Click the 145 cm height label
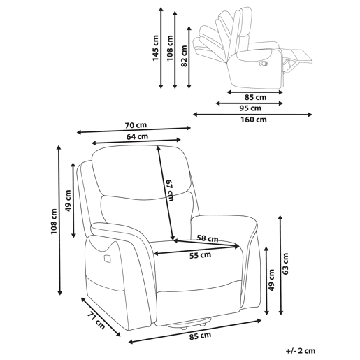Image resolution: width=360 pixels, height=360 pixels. coord(155,48)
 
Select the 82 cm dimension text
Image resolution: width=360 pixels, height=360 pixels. coord(184,56)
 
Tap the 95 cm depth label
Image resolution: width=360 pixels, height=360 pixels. coord(250,108)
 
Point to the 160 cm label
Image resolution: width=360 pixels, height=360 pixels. coord(254,120)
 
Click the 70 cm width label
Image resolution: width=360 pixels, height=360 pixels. coord(136,125)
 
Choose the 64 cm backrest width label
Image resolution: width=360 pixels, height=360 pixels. coord(137,136)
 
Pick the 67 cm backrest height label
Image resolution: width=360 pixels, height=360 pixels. coord(170,190)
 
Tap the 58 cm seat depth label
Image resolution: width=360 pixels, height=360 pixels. coord(208,238)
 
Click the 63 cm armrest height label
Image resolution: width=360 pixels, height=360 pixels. coord(285,264)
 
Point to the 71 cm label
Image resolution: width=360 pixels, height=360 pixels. coord(96,321)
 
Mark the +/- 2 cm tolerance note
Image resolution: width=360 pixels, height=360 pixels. coord(301,351)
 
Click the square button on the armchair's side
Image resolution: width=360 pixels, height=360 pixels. coord(107,259)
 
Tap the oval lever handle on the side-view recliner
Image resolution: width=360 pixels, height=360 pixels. coord(264,63)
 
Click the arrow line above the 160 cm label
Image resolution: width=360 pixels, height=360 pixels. coord(252,115)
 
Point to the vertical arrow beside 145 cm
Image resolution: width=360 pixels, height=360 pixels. coord(161,48)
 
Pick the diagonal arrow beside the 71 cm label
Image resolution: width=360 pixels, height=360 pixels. coord(101,317)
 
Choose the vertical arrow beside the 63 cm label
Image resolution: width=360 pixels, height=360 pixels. coord(281,266)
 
